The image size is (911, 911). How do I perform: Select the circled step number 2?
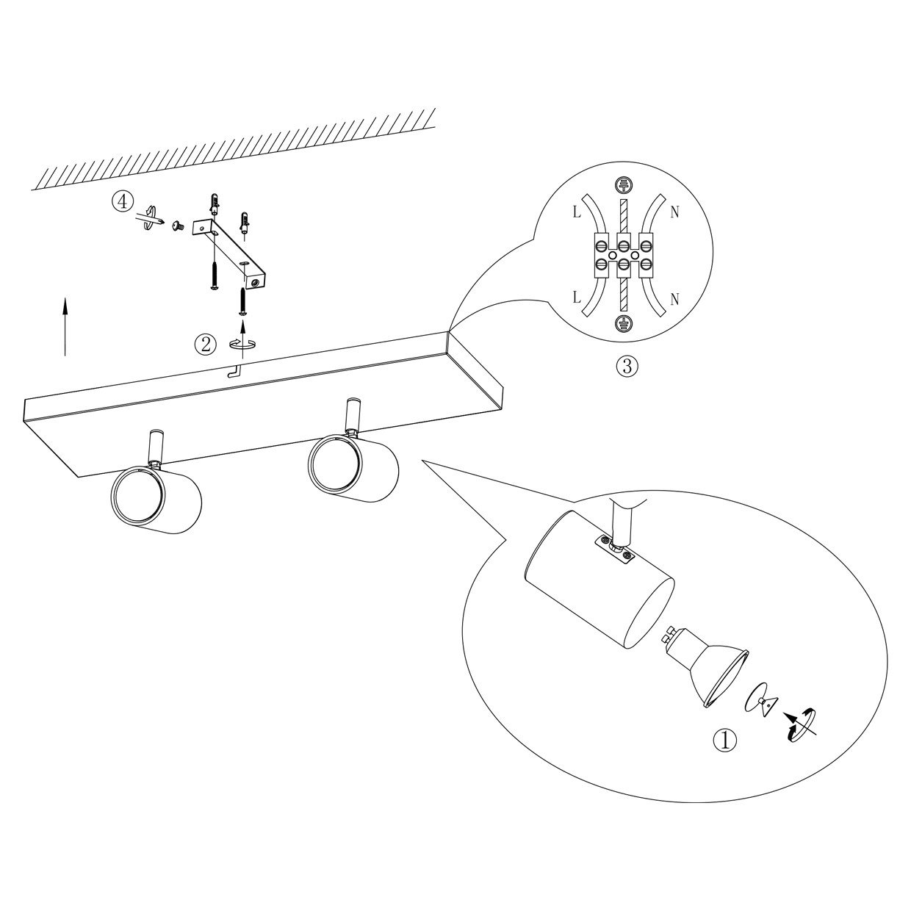pyautogui.click(x=206, y=344)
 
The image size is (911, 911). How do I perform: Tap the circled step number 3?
pyautogui.click(x=627, y=366)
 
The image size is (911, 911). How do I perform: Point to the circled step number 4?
pyautogui.click(x=122, y=202)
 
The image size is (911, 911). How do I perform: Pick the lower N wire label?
pyautogui.click(x=675, y=299)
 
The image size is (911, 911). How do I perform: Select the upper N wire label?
pyautogui.click(x=675, y=213)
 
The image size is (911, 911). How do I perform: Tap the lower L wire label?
pyautogui.click(x=577, y=298)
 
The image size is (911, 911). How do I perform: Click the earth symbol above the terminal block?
pyautogui.click(x=624, y=185)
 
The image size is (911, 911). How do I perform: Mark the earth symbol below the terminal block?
pyautogui.click(x=624, y=323)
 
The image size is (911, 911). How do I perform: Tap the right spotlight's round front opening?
pyautogui.click(x=335, y=465)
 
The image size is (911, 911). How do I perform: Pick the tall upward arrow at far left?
pyautogui.click(x=65, y=325)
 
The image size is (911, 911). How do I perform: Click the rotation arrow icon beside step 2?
pyautogui.click(x=243, y=344)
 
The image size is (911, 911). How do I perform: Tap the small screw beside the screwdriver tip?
pyautogui.click(x=178, y=227)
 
